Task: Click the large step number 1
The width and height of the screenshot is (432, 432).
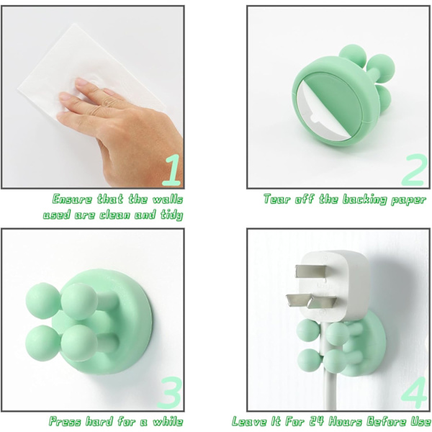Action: [171, 170]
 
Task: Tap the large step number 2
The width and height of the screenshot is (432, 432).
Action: [413, 169]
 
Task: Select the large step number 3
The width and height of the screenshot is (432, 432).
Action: [169, 392]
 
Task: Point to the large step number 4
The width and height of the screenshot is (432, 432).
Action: [415, 392]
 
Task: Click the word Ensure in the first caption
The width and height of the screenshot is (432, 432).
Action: [72, 199]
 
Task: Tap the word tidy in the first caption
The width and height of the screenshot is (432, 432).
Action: [172, 215]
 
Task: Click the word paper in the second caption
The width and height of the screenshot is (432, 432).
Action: [408, 200]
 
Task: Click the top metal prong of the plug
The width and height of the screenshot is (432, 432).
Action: [311, 271]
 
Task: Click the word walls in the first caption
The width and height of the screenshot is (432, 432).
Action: [168, 199]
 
